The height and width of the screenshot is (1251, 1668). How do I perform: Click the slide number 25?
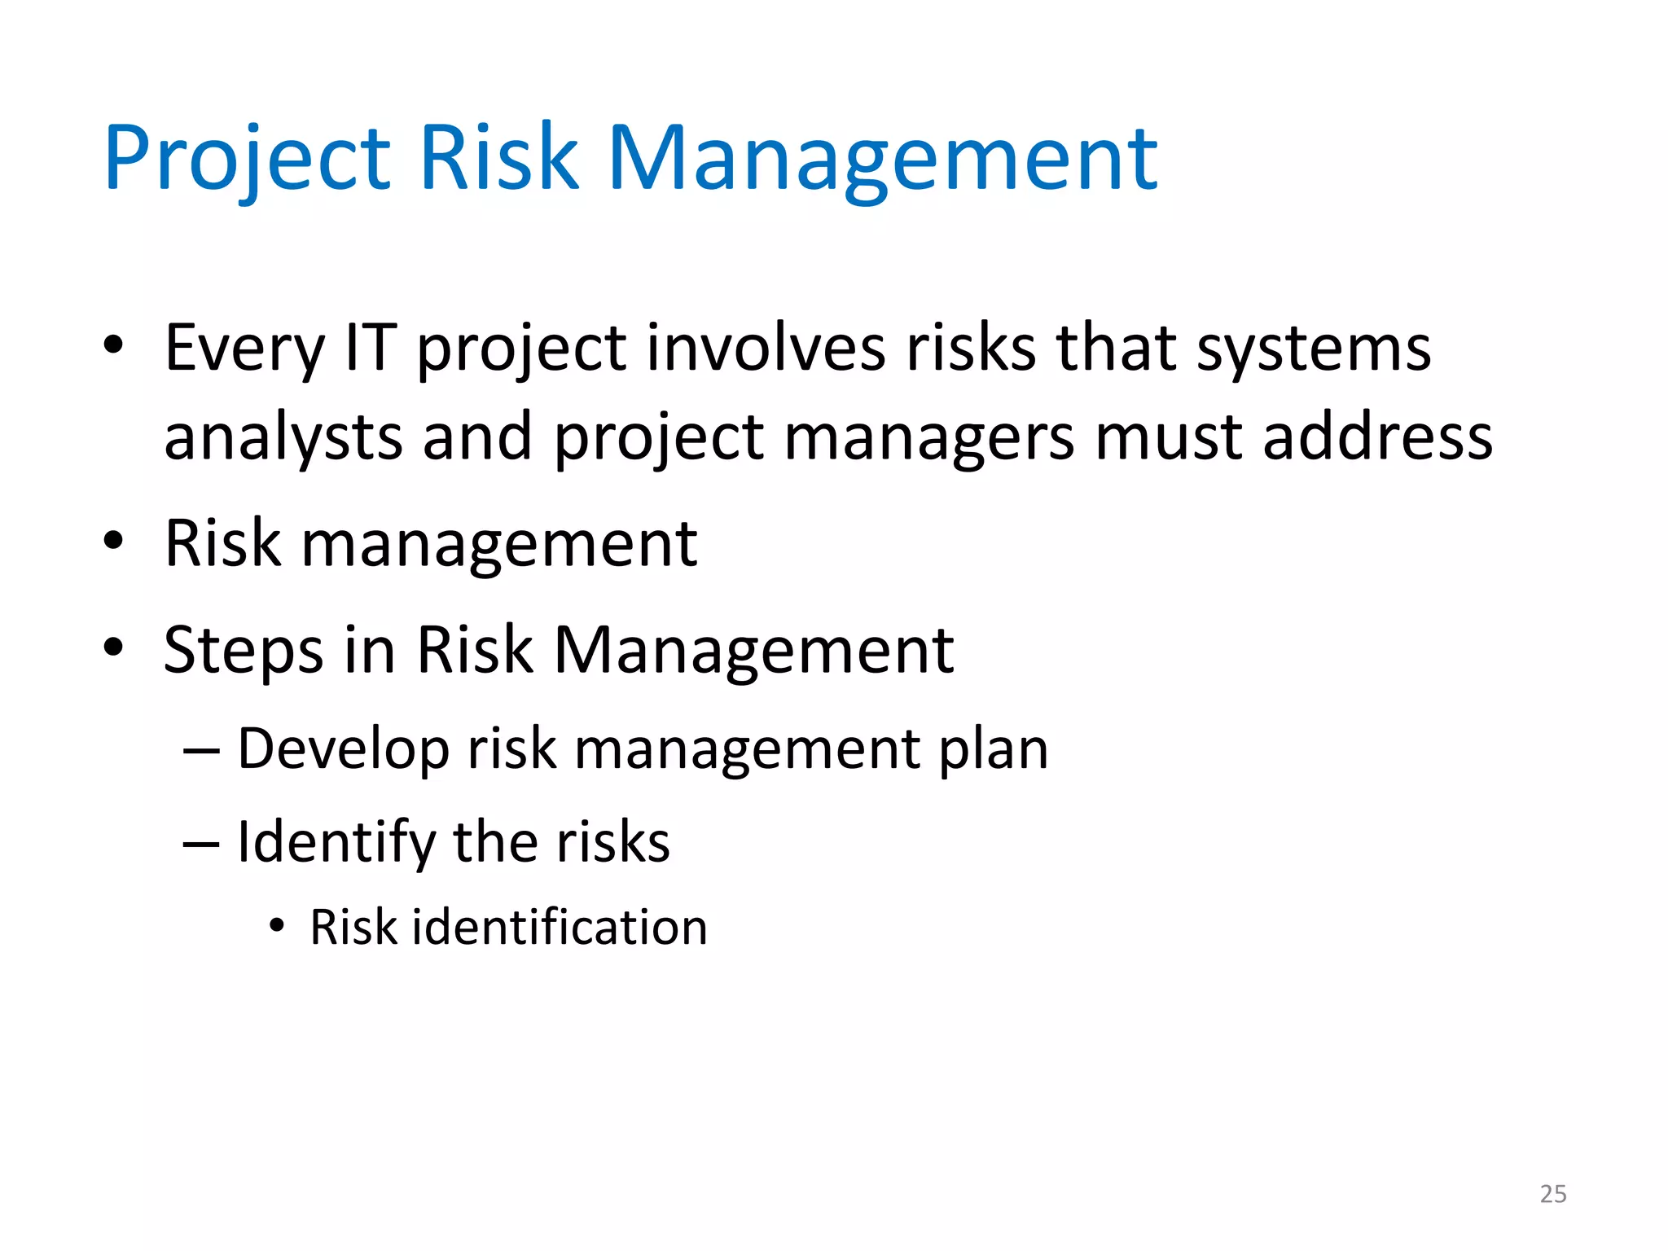click(x=1552, y=1194)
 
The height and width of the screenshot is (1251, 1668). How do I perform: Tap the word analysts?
click(x=283, y=438)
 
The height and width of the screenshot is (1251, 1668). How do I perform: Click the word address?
click(x=1377, y=437)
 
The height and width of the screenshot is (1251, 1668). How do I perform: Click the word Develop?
click(x=343, y=749)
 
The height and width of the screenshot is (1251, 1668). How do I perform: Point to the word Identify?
click(x=336, y=843)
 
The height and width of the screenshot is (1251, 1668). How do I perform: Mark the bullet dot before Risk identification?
click(x=277, y=926)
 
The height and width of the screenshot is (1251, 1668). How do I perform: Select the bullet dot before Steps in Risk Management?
click(x=113, y=647)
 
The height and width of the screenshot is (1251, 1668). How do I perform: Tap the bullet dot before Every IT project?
click(x=113, y=345)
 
